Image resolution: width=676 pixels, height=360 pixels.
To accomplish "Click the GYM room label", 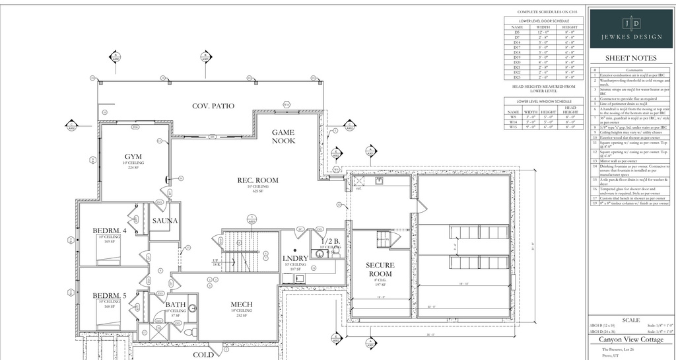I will point(133,157).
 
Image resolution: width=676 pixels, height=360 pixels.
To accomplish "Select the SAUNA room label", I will point(164,221).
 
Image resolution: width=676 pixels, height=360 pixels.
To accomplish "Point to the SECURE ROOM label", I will point(380,270).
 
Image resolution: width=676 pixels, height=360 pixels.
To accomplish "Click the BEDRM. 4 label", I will point(110,231).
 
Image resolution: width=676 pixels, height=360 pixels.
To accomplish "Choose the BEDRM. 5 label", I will point(110,295).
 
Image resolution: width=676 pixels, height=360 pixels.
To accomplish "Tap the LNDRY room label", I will point(295,258).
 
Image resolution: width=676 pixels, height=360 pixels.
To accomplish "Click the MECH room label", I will point(241,305).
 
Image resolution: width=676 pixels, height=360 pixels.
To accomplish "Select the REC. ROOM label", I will point(258,180).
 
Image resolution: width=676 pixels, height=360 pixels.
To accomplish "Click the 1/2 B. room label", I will point(331,242).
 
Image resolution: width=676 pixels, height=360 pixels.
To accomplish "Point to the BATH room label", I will point(176,305).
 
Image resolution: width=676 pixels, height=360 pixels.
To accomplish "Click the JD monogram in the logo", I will point(632,24).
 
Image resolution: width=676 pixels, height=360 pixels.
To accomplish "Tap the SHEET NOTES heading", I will point(631,58).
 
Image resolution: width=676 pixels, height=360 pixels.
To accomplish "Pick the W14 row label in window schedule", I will point(513,122).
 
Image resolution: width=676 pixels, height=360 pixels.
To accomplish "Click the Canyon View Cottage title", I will point(631,340).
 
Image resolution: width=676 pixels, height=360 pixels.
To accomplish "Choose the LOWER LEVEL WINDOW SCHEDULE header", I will point(545,101).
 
